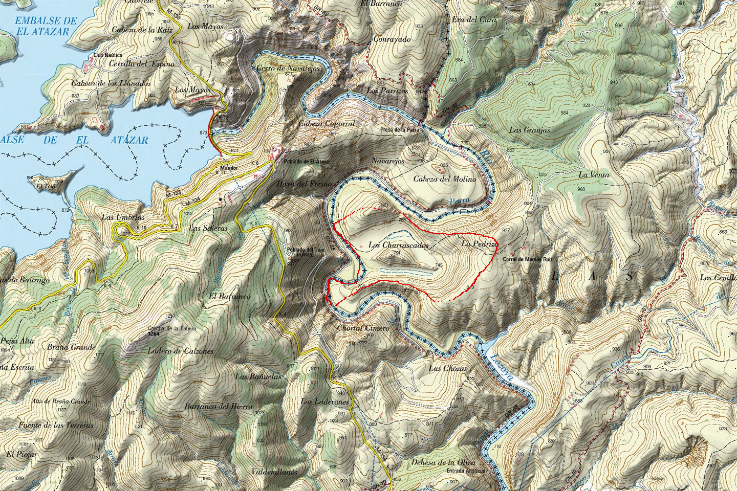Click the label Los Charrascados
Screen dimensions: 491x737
(398, 245)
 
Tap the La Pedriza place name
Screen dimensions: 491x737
(480, 244)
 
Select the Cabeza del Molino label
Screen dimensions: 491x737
(444, 179)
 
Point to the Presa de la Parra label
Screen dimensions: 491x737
(400, 130)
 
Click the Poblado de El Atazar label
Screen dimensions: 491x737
(307, 162)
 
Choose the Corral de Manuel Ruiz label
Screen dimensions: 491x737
(528, 260)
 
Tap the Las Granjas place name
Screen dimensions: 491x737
(529, 130)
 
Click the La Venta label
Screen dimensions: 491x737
(594, 175)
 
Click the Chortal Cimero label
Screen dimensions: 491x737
(363, 328)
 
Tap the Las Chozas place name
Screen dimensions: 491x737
(448, 368)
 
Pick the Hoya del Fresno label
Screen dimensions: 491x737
(304, 184)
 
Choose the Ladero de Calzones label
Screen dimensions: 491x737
(180, 351)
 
